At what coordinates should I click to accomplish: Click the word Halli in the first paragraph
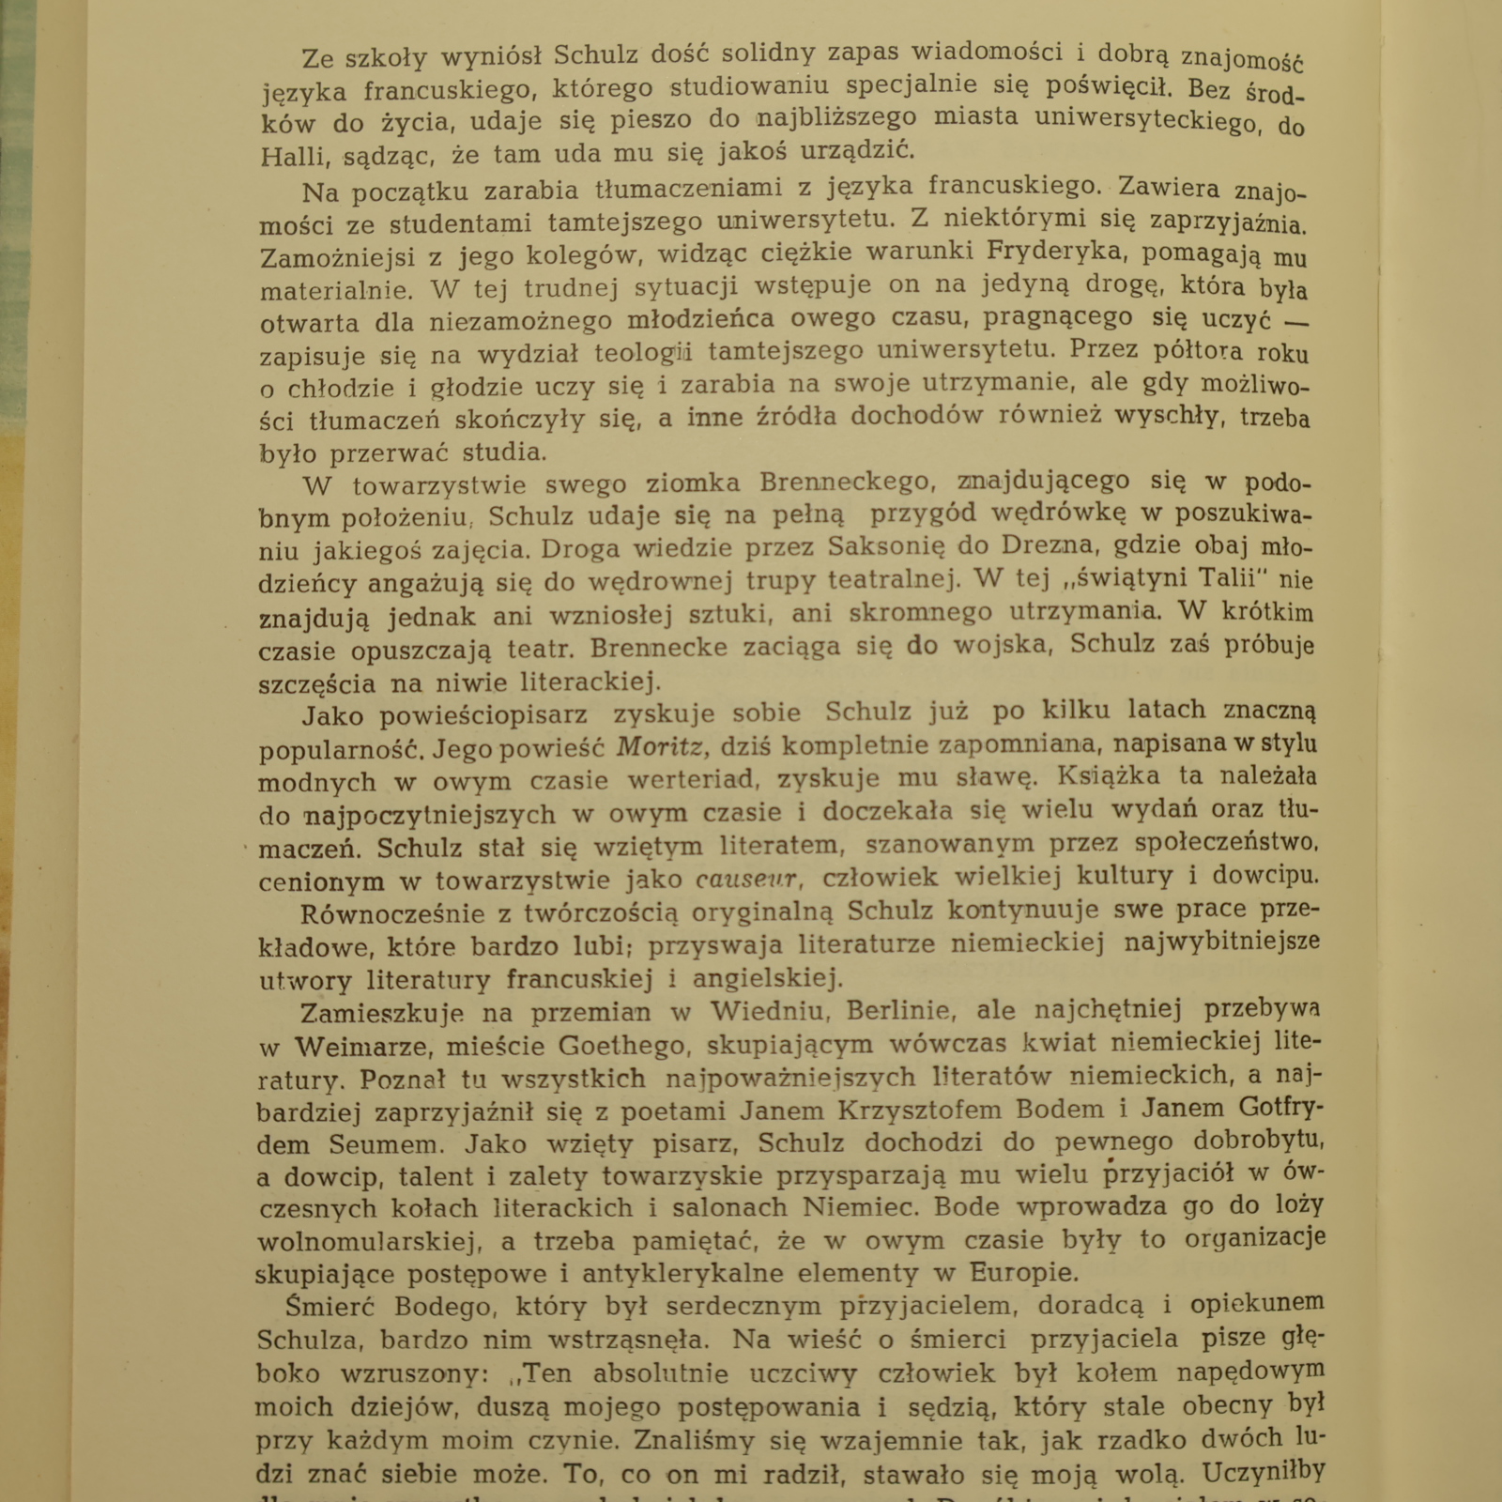[293, 157]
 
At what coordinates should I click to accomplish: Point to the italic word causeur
[748, 880]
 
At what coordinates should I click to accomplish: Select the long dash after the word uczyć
[1296, 320]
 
